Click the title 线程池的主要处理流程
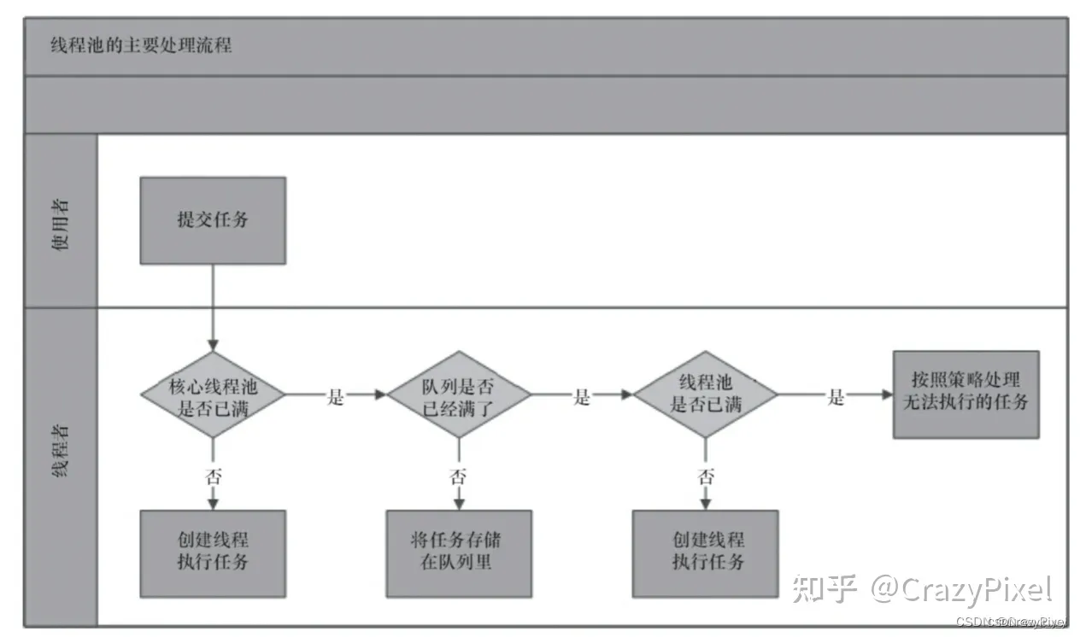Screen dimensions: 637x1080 [142, 46]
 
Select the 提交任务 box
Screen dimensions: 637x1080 [213, 220]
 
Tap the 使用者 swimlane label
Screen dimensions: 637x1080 [60, 220]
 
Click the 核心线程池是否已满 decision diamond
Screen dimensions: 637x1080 [213, 395]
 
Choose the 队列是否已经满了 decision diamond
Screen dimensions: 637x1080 [459, 395]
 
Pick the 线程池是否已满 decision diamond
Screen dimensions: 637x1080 [705, 395]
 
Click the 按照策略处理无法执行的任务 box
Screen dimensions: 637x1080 [966, 394]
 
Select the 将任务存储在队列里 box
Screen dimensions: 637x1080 [459, 553]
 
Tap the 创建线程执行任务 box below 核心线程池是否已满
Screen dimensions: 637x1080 [213, 553]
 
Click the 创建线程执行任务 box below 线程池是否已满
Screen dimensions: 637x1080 [705, 553]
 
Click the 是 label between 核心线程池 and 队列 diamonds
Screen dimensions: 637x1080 [336, 396]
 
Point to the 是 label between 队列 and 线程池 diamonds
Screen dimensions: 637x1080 [582, 396]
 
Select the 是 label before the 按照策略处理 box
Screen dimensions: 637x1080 [836, 396]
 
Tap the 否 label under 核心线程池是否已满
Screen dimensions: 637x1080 [213, 476]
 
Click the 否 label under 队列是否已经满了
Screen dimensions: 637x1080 [459, 476]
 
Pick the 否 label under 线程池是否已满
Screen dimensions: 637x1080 [705, 476]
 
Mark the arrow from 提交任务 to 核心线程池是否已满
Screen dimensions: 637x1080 [213, 307]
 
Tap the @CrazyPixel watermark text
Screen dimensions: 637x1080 [960, 588]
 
